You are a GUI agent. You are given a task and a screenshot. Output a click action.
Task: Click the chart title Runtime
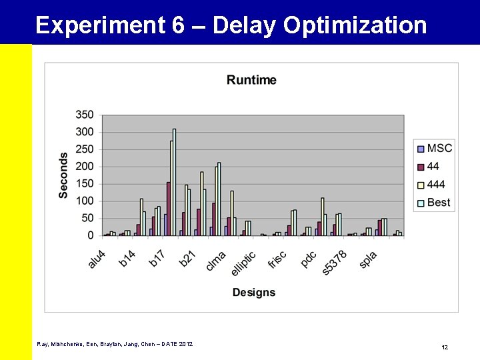point(251,80)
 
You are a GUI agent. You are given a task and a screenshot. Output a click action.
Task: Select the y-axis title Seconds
point(63,175)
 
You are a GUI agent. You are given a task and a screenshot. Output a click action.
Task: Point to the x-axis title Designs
point(253,292)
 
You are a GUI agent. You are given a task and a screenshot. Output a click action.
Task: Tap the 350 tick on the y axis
point(85,115)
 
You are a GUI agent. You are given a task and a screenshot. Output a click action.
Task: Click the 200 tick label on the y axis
point(85,167)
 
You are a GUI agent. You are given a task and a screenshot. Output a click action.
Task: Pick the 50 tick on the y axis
point(87,218)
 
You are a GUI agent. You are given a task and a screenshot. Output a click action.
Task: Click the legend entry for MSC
point(433,148)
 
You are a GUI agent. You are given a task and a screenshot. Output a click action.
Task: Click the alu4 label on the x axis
point(97,259)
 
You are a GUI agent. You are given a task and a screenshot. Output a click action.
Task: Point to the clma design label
point(216,260)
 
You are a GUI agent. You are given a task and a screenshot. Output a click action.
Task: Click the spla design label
point(368,259)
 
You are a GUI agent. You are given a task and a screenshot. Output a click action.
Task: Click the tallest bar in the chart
point(174,182)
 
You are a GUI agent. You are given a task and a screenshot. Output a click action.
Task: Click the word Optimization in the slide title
point(355,25)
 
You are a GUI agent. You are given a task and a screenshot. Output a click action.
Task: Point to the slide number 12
point(445,347)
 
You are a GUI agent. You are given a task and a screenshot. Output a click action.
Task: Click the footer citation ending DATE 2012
point(115,343)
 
